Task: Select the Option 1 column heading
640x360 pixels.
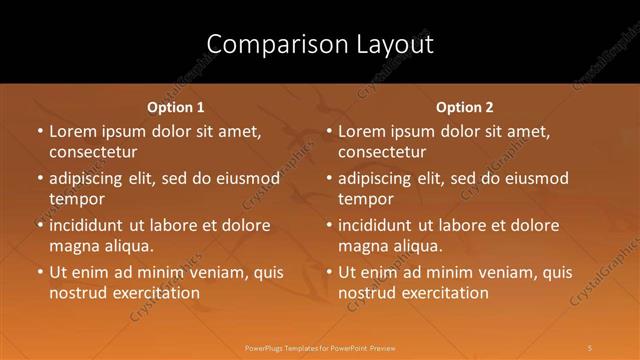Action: click(x=176, y=107)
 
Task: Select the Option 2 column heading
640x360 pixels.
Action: click(x=465, y=107)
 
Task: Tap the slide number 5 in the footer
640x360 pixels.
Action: click(x=591, y=347)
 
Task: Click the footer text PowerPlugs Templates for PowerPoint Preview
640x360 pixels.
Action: click(x=319, y=347)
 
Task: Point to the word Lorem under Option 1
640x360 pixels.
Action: click(x=73, y=132)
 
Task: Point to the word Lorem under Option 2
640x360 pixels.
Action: click(x=362, y=132)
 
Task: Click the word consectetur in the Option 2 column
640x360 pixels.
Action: click(x=381, y=152)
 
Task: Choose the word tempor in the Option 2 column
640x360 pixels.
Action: click(x=366, y=199)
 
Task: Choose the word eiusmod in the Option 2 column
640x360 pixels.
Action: click(x=533, y=179)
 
